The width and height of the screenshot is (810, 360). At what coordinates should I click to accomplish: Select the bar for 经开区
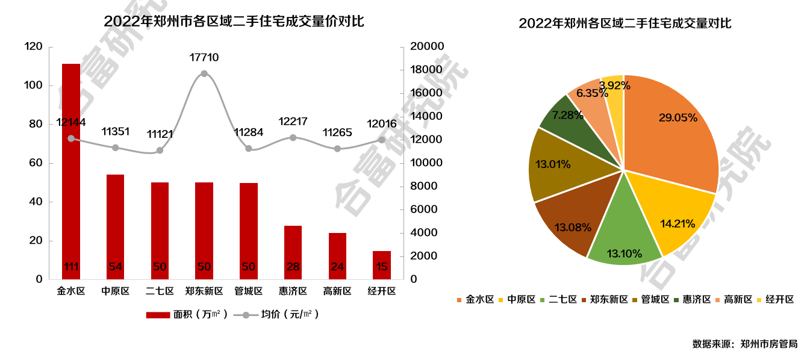(x=382, y=265)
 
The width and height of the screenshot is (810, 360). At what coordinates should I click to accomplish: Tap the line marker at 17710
(x=204, y=73)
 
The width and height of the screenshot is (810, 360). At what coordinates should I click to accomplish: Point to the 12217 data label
(x=293, y=122)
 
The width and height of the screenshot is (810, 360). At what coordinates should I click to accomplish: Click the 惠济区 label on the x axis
(x=293, y=291)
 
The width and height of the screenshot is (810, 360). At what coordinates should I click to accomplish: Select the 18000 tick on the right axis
(x=426, y=70)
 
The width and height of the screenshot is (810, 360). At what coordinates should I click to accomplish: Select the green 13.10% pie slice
(x=620, y=235)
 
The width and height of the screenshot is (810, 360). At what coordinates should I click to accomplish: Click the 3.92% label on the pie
(x=614, y=85)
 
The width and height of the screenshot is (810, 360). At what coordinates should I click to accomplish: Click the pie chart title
(x=625, y=23)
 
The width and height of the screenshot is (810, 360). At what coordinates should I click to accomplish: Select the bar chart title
(x=234, y=21)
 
